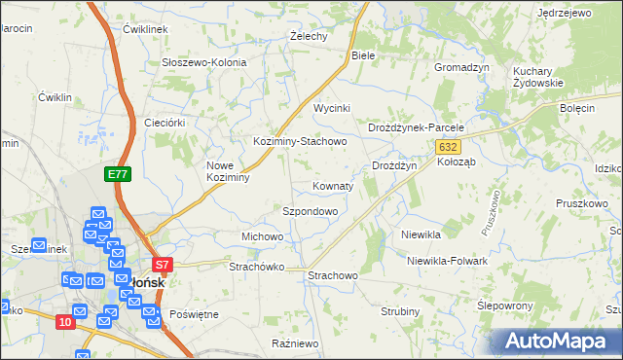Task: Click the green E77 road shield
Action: pyautogui.click(x=118, y=174)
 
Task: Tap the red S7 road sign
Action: pyautogui.click(x=163, y=264)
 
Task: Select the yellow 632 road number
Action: pyautogui.click(x=447, y=146)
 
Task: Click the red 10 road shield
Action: pyautogui.click(x=64, y=322)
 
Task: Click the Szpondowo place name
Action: pyautogui.click(x=310, y=211)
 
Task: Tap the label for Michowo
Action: pyautogui.click(x=262, y=236)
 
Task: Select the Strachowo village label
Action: pyautogui.click(x=333, y=276)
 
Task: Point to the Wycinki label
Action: pyautogui.click(x=331, y=108)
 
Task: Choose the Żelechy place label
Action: pyautogui.click(x=309, y=36)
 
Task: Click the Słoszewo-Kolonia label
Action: pyautogui.click(x=203, y=62)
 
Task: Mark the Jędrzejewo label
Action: pyautogui.click(x=565, y=13)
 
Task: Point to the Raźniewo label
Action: pyautogui.click(x=296, y=343)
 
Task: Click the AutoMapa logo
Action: pyautogui.click(x=557, y=340)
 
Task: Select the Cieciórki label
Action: pyautogui.click(x=164, y=123)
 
